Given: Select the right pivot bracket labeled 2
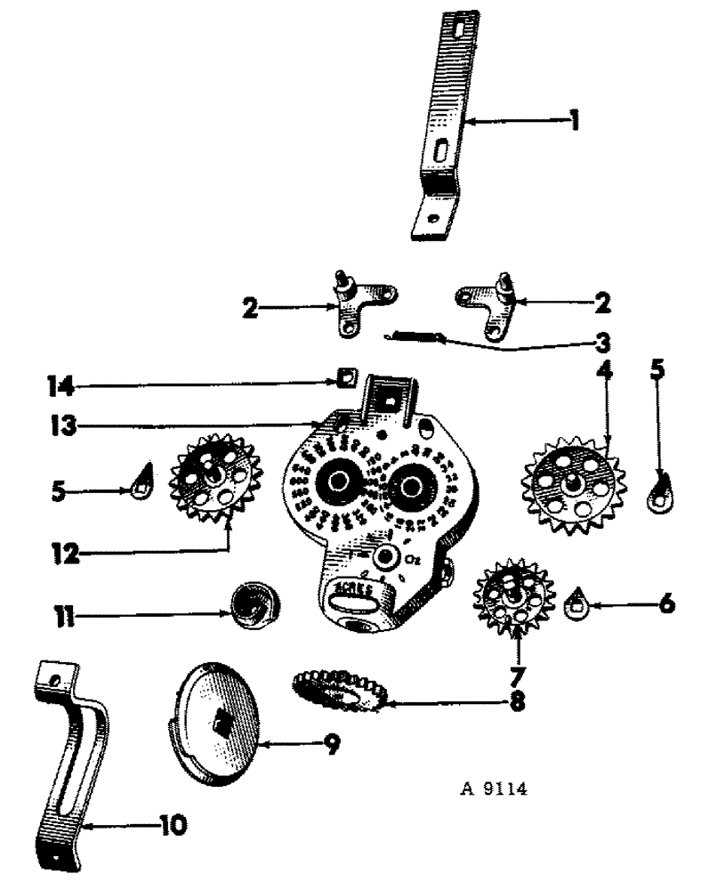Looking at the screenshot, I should [484, 304].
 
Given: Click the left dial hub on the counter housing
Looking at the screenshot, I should [339, 483].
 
